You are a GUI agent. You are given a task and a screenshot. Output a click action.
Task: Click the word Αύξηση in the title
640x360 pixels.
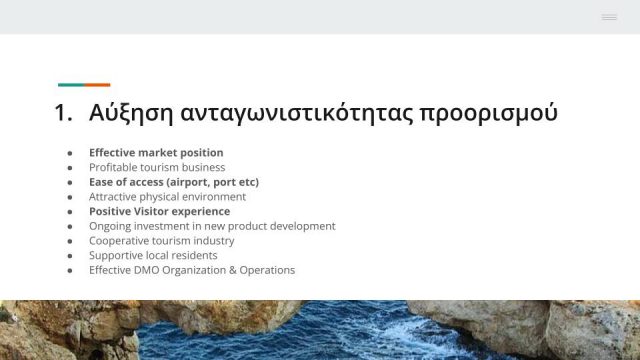pos(131,113)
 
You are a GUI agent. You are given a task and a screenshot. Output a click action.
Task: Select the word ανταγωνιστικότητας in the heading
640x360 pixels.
pos(297,113)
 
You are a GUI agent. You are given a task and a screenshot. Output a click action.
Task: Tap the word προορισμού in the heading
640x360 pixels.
pos(489,113)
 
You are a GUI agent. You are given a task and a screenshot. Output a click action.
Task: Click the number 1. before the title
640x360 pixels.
pos(63,113)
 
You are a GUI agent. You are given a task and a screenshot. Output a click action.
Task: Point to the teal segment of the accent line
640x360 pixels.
pos(71,85)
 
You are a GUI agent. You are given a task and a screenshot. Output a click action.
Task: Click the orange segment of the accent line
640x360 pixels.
pos(98,85)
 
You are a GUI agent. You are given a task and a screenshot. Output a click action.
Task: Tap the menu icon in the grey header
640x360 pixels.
pos(609,17)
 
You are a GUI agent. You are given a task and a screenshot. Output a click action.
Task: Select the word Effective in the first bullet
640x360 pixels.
pos(112,153)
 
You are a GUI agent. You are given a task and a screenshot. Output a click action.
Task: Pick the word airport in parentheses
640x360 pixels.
pos(189,182)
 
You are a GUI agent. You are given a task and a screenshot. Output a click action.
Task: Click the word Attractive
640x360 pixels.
pos(113,197)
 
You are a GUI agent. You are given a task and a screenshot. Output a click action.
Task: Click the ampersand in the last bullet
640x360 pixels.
pos(233,270)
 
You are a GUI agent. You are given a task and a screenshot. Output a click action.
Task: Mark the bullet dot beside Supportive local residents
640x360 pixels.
pos(70,256)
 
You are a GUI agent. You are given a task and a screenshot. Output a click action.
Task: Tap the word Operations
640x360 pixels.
pos(267,271)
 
